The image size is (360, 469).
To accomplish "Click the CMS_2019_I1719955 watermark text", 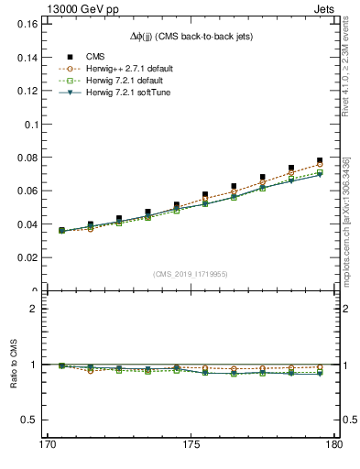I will click(x=191, y=273).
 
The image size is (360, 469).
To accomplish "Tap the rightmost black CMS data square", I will click(x=320, y=160).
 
